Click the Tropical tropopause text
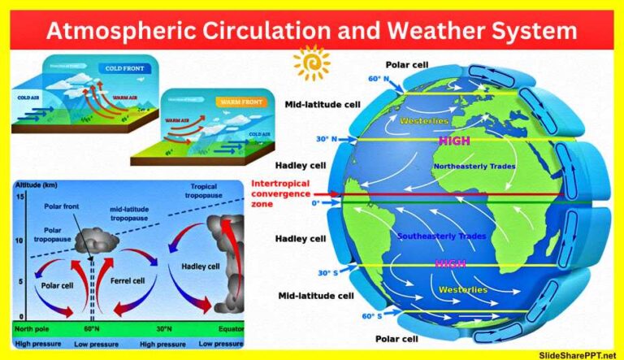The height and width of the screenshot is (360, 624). [201, 193]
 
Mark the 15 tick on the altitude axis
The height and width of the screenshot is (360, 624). [21, 197]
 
